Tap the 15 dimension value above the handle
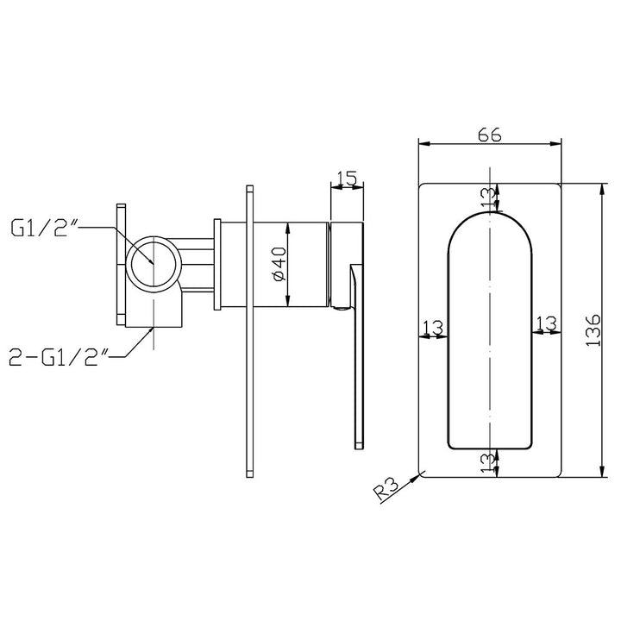[347, 179]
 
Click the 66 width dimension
[489, 134]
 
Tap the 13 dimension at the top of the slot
[488, 196]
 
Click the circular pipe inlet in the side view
[154, 262]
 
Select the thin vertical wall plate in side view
[248, 332]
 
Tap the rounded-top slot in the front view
[488, 345]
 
